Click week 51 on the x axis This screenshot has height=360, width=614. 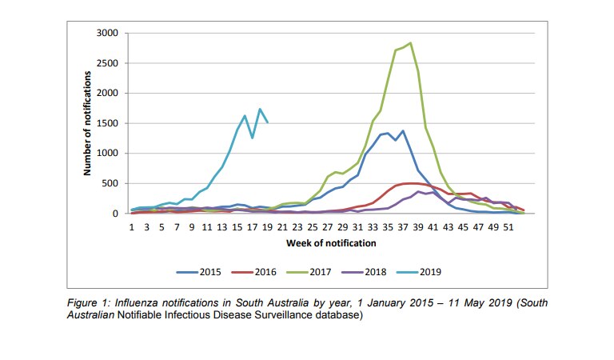(508, 227)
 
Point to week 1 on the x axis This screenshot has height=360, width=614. (132, 227)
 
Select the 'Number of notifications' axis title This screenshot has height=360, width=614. (87, 122)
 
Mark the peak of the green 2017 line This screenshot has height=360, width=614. (410, 43)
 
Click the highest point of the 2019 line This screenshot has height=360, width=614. (260, 110)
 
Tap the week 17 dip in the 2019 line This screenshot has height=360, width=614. (253, 138)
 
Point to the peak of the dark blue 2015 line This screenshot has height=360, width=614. (403, 130)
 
